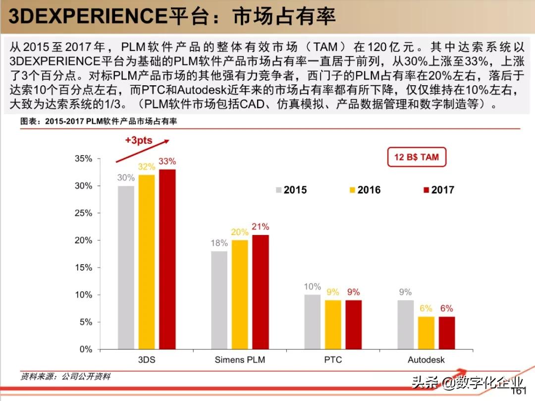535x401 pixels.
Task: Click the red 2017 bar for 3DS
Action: (x=167, y=259)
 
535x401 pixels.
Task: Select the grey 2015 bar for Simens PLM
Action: (x=219, y=300)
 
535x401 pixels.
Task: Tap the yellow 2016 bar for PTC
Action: (x=333, y=325)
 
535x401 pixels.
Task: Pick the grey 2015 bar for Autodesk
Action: (x=406, y=325)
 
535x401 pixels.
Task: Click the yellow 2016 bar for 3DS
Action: (x=147, y=262)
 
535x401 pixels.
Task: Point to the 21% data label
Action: (x=260, y=227)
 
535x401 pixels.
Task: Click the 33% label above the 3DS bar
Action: (x=167, y=162)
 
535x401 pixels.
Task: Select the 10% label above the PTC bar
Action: (x=313, y=286)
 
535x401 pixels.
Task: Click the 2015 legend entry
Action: (x=291, y=190)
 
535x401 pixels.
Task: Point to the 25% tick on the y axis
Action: (x=83, y=213)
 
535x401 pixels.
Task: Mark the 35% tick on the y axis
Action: (x=83, y=159)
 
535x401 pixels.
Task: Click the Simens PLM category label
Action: (x=240, y=360)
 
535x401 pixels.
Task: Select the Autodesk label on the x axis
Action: (x=426, y=360)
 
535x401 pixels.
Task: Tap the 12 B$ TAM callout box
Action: (x=417, y=157)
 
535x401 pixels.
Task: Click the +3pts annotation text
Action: (x=139, y=140)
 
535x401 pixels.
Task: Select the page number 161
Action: (x=518, y=391)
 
